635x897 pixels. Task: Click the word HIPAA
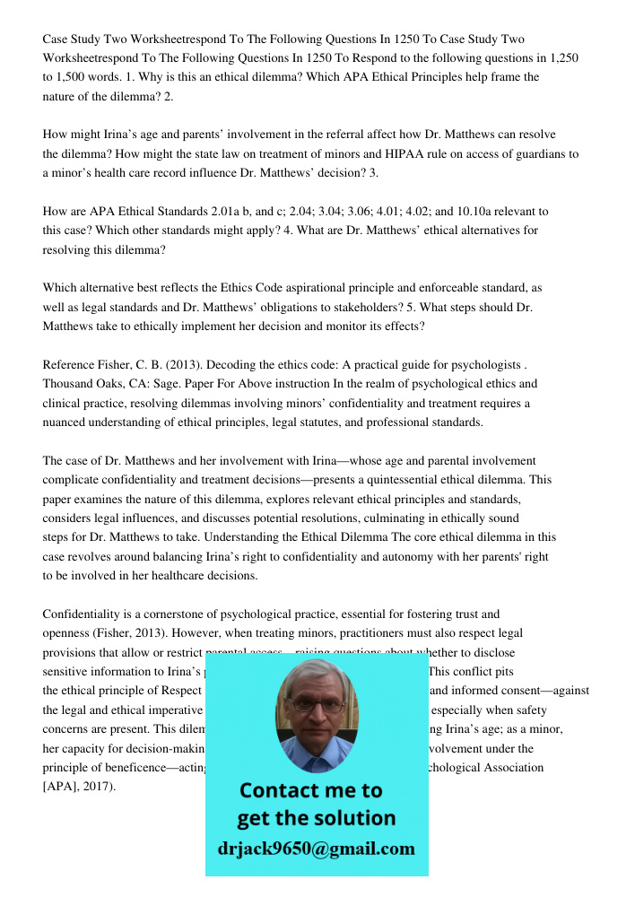(380, 154)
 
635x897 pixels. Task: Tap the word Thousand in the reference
(67, 384)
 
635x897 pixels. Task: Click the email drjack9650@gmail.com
(317, 849)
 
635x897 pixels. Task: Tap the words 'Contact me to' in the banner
(310, 790)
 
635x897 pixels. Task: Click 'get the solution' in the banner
(316, 818)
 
